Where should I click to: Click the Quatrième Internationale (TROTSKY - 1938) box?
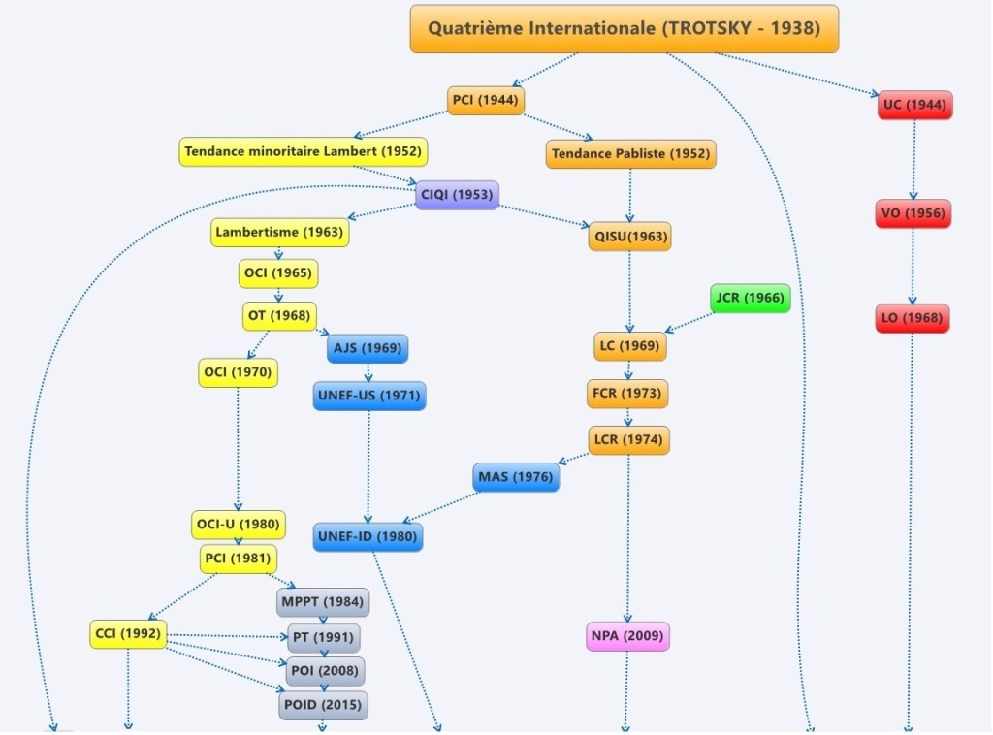(x=624, y=28)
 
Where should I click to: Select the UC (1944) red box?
(x=914, y=105)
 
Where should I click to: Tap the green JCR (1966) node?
(x=750, y=298)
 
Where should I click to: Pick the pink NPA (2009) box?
(x=628, y=636)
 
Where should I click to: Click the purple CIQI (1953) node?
(x=457, y=195)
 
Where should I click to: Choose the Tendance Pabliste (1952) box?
(x=630, y=153)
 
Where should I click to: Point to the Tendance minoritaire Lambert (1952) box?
(x=304, y=151)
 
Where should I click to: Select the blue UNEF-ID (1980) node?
(x=368, y=536)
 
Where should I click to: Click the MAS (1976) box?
(x=516, y=477)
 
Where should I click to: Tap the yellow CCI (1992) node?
(x=128, y=634)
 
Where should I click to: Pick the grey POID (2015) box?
(x=324, y=705)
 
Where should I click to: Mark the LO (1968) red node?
(x=912, y=318)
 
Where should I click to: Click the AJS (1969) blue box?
(x=367, y=348)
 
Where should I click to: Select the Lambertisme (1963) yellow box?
(x=278, y=233)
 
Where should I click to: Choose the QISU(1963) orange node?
(x=629, y=237)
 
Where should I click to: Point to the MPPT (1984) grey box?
(x=323, y=602)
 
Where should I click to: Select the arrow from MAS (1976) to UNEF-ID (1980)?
(x=441, y=507)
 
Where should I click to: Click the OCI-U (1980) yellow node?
(x=238, y=525)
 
